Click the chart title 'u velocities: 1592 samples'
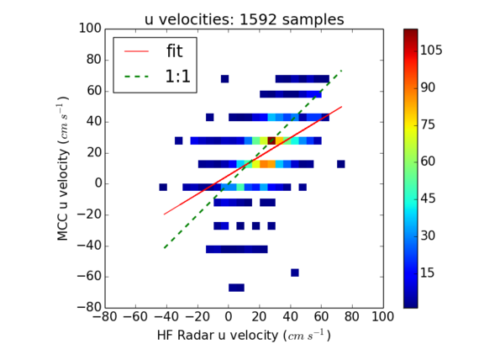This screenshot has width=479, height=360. click(x=244, y=19)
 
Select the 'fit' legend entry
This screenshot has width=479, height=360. click(x=153, y=51)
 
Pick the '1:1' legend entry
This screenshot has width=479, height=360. click(x=157, y=77)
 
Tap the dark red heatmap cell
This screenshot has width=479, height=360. click(x=271, y=140)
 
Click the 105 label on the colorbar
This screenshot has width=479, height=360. click(x=431, y=50)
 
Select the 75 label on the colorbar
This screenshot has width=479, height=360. click(x=428, y=124)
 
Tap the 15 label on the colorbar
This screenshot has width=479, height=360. click(x=428, y=273)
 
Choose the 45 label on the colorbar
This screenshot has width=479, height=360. click(x=428, y=199)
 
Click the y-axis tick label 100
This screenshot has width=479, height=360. click(x=90, y=29)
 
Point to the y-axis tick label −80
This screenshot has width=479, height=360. click(x=89, y=307)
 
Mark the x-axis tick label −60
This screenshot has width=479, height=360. click(x=135, y=316)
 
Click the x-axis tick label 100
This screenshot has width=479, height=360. click(x=382, y=316)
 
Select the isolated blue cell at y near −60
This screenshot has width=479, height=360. click(x=295, y=273)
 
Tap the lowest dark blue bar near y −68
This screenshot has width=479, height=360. click(x=236, y=288)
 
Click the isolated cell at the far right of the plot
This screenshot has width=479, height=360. click(x=341, y=164)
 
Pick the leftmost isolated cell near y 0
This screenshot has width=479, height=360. click(x=163, y=188)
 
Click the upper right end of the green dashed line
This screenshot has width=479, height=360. click(x=342, y=70)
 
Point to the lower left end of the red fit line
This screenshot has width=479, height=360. click(x=164, y=214)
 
